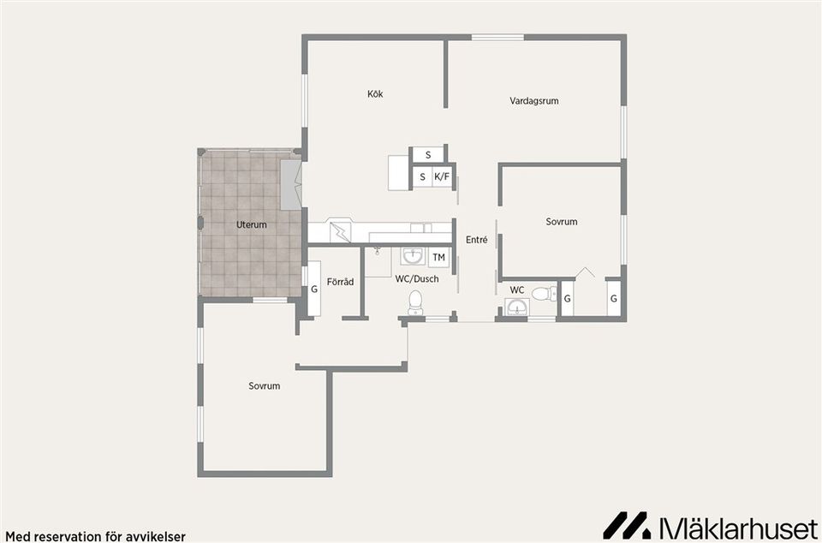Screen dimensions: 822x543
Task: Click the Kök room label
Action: (375, 94)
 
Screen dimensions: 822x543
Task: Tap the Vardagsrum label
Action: (533, 100)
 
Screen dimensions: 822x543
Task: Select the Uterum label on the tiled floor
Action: (251, 225)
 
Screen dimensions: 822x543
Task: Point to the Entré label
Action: (477, 240)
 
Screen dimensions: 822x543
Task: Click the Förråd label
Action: (340, 282)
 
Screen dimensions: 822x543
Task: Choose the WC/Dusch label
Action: (417, 279)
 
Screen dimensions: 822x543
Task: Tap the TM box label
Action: (438, 257)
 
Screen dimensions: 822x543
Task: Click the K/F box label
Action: (442, 177)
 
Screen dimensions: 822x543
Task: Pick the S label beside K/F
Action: (422, 177)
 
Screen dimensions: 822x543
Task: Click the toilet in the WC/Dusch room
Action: (415, 303)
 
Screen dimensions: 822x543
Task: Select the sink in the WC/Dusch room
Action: (414, 257)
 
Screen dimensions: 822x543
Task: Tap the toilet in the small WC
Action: (545, 294)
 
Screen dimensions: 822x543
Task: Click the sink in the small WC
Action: (517, 307)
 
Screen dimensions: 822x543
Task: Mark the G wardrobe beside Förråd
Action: (314, 289)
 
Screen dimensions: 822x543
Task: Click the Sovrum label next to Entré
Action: (562, 222)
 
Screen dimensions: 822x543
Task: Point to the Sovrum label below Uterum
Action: (265, 385)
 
